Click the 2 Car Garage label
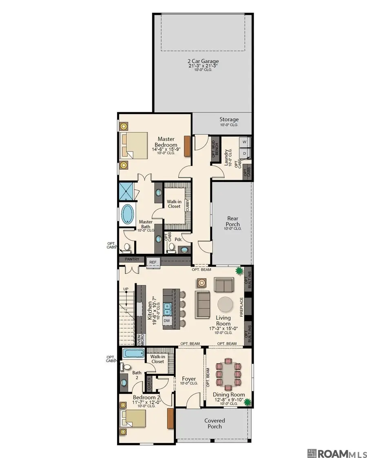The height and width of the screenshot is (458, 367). coord(203,61)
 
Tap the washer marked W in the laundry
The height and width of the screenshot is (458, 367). coord(245,142)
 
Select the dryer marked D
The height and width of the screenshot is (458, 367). coord(245,153)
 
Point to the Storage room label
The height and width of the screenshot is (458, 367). coord(229,119)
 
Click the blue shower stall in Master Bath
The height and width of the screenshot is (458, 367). coord(126,191)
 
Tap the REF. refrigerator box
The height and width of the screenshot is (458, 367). coord(153,262)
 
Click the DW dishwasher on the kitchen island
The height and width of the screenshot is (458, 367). coord(167,321)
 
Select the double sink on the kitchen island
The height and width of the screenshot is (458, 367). coord(168,309)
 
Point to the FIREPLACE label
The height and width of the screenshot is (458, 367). coord(242,307)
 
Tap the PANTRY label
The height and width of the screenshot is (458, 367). coord(132,259)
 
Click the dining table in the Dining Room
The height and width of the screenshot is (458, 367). coord(228,374)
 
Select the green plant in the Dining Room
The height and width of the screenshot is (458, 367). coord(248,402)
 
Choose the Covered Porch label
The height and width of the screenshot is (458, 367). coord(214,423)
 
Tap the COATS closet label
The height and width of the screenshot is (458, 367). coord(149,384)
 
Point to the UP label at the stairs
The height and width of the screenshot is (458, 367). coord(126,289)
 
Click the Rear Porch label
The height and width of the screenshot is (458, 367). coord(232,221)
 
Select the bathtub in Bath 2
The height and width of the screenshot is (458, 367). coord(133,353)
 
